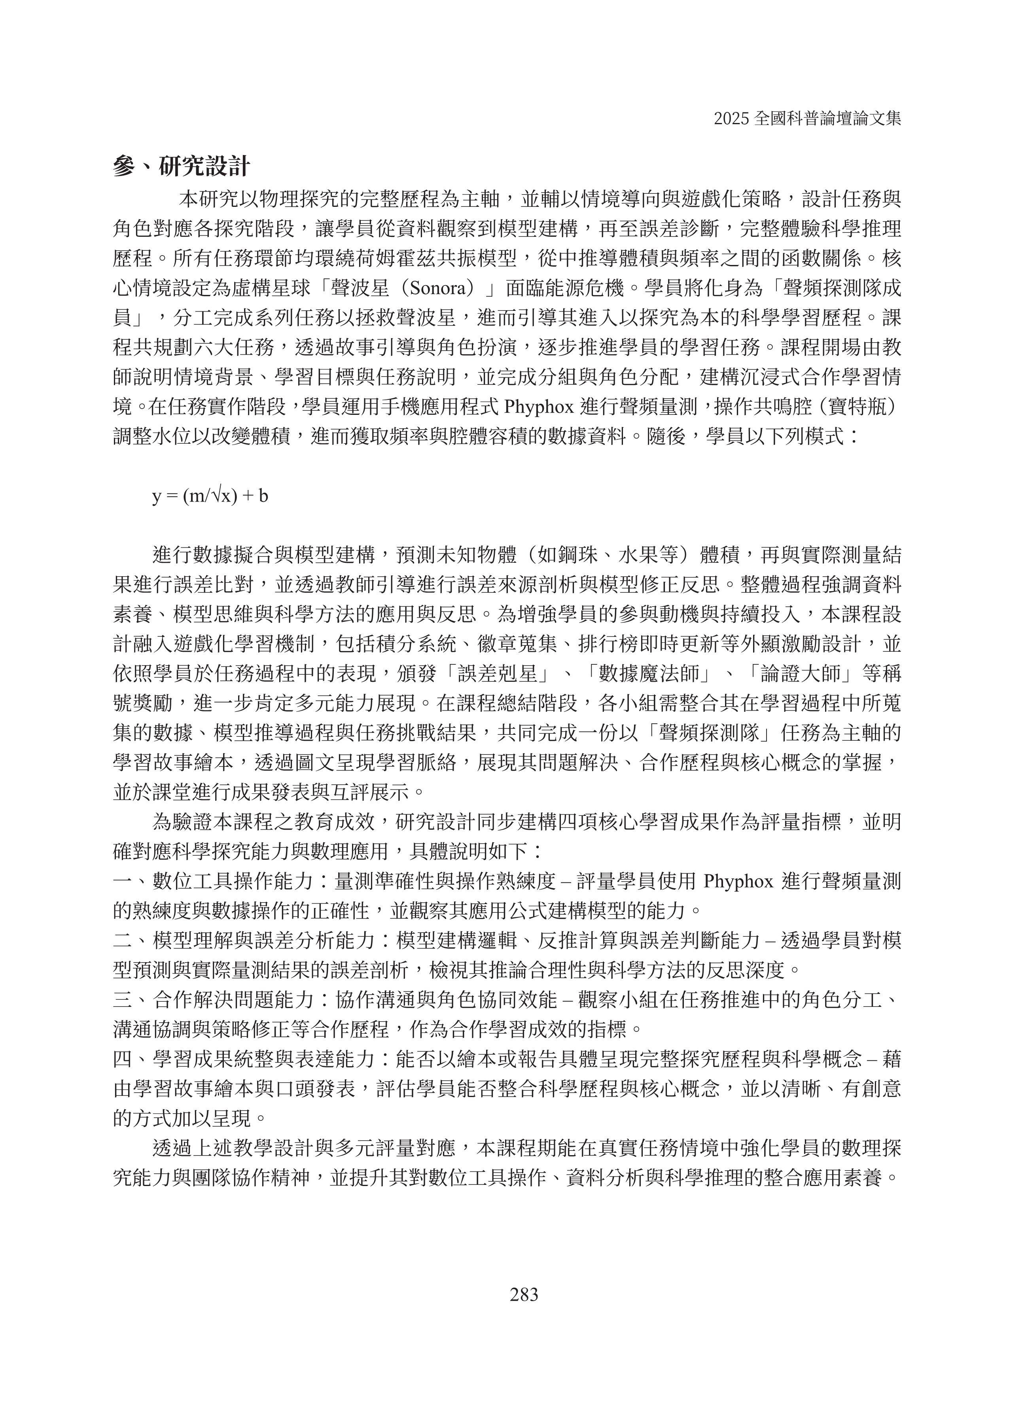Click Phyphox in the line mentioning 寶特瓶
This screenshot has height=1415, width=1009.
538,407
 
